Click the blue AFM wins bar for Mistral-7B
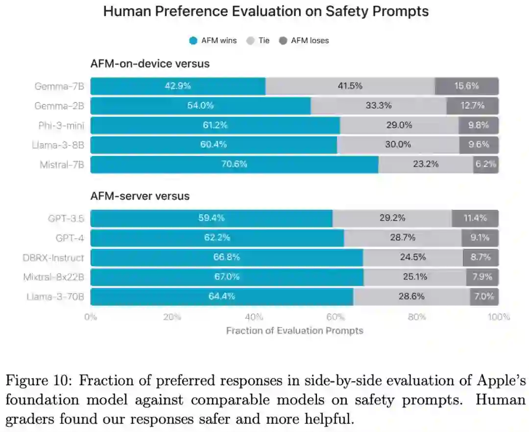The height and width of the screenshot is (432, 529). tap(234, 164)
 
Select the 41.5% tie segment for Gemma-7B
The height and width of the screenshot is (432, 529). tap(350, 86)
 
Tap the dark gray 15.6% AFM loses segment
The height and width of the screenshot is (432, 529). tap(466, 86)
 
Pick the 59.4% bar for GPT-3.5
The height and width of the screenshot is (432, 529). tap(211, 218)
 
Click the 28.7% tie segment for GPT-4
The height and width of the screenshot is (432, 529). tap(403, 238)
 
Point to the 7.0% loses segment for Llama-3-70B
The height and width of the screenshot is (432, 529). tap(484, 296)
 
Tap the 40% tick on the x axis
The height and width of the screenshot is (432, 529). tap(254, 317)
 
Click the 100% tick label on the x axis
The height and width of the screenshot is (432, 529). tap(499, 317)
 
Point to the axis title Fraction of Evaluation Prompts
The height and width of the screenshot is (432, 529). tap(294, 331)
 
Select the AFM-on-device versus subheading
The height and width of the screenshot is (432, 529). tap(150, 64)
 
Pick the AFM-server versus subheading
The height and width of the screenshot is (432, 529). tap(140, 196)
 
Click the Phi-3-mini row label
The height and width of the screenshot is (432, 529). tap(61, 126)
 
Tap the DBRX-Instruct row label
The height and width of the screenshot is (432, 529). tap(53, 258)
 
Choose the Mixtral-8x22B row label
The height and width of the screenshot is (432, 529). tap(54, 277)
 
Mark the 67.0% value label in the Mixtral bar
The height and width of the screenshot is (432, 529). tap(226, 277)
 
